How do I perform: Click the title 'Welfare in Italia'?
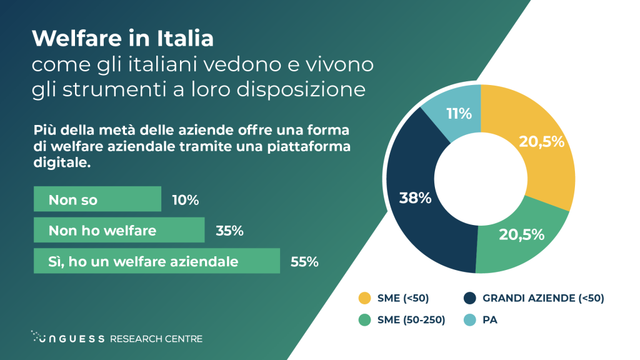[122, 39]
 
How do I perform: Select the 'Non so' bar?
[97, 200]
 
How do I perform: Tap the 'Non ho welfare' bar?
[119, 231]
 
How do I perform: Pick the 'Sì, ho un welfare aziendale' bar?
[156, 261]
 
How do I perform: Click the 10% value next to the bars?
[186, 200]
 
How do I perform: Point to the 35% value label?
[229, 231]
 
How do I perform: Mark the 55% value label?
[304, 261]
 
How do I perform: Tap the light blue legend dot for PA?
[470, 320]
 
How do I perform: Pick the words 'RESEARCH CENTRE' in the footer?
[156, 338]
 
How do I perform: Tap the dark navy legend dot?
[470, 297]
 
